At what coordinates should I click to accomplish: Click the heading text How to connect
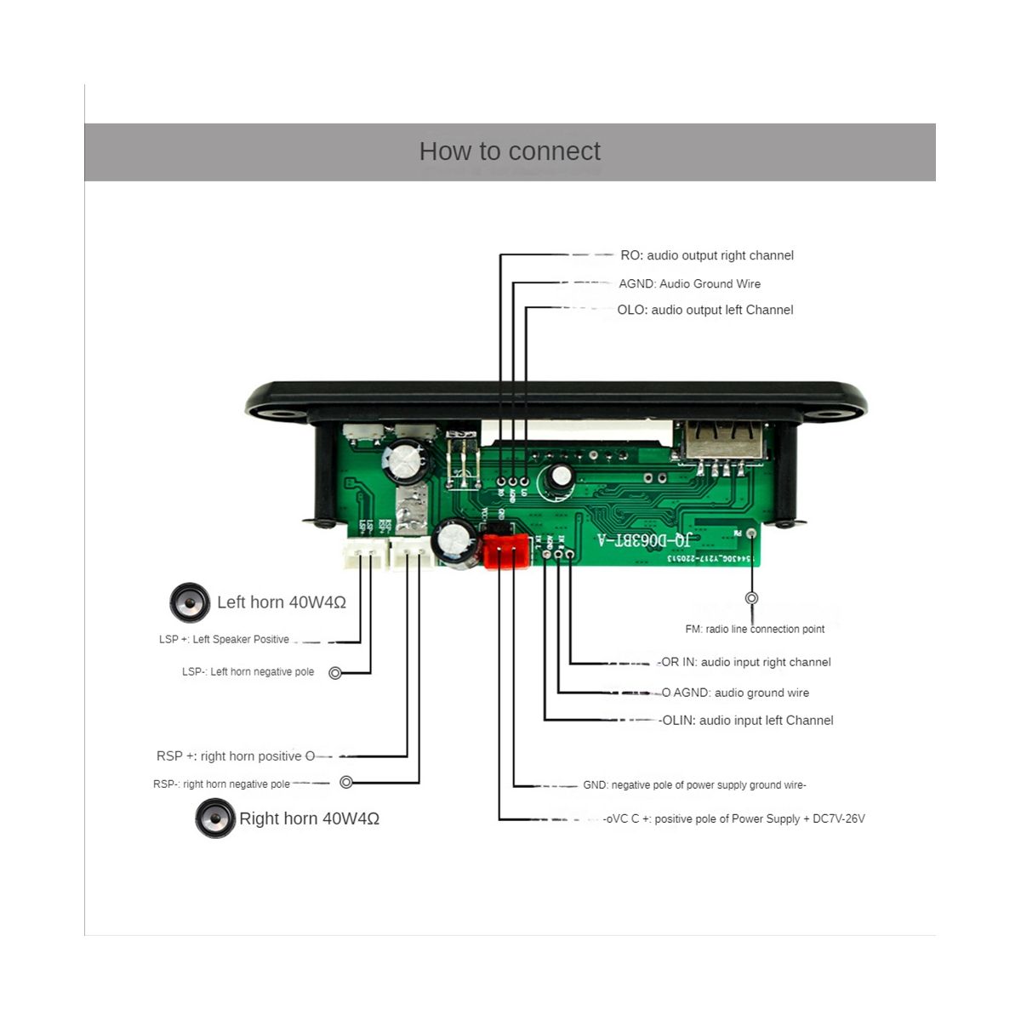point(510,151)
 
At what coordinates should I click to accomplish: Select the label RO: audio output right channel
point(706,255)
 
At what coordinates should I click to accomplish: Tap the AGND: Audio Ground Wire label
point(689,283)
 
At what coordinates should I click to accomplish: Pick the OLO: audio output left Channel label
point(704,310)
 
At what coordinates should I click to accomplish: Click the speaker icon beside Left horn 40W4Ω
point(190,603)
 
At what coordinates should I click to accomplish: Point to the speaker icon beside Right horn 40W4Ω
point(215,819)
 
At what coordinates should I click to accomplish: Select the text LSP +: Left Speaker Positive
point(224,639)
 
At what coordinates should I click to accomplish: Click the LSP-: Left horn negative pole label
point(248,671)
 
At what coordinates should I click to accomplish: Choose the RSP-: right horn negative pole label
point(221,784)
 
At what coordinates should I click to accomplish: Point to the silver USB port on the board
point(722,442)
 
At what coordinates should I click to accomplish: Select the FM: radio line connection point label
point(755,629)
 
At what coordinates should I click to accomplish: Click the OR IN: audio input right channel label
point(745,662)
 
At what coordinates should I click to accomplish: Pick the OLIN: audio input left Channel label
point(747,720)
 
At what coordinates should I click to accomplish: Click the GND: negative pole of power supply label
point(694,784)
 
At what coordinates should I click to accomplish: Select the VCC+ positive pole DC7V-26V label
point(734,819)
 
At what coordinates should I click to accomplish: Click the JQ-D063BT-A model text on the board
point(643,540)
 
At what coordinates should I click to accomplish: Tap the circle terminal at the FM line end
point(751,598)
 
